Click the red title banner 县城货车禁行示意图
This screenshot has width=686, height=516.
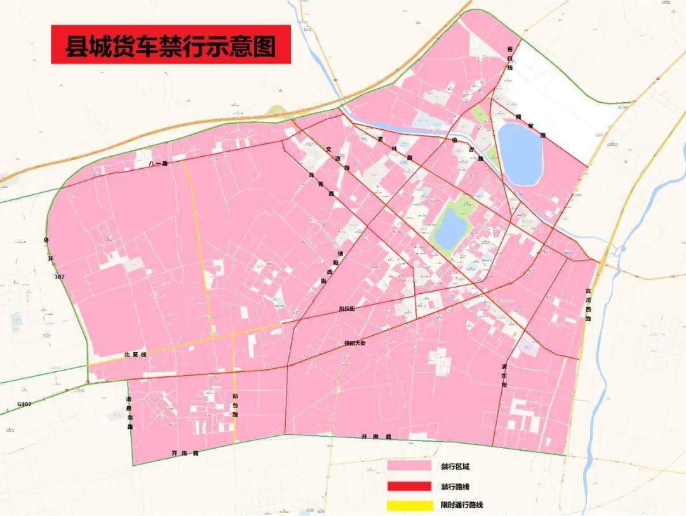click(171, 44)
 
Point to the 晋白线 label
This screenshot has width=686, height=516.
click(509, 58)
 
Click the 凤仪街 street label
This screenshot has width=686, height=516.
click(347, 309)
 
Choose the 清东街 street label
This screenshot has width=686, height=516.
click(504, 376)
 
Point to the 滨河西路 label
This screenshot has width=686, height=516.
click(588, 305)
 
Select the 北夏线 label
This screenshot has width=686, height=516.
click(135, 355)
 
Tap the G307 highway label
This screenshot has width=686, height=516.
click(24, 404)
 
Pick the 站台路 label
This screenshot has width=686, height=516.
click(235, 405)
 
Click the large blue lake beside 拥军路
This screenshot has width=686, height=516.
click(521, 154)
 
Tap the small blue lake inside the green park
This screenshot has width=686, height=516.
click(450, 229)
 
